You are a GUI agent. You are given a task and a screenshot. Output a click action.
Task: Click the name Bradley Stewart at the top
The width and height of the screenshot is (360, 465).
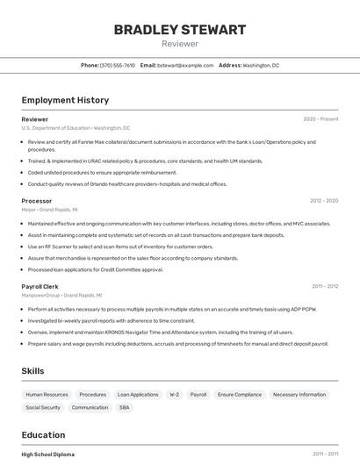[179, 30]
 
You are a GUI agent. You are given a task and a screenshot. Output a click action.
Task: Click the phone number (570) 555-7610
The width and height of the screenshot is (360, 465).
[118, 65]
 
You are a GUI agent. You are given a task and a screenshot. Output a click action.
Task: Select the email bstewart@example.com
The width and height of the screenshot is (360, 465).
[185, 65]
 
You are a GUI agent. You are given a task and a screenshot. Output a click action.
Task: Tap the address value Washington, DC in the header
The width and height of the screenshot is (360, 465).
[261, 65]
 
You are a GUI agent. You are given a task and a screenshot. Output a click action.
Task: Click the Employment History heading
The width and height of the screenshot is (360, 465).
[65, 100]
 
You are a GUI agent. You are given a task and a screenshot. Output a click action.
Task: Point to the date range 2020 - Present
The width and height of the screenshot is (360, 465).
[320, 118]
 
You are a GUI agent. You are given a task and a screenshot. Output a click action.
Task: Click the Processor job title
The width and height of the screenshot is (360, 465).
[37, 201]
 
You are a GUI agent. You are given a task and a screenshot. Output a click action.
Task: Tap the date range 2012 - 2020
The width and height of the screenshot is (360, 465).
[323, 201]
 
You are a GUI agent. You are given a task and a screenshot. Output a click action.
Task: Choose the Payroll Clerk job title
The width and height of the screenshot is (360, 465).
[40, 286]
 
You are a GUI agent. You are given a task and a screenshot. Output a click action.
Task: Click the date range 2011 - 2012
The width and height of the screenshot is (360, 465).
[325, 286]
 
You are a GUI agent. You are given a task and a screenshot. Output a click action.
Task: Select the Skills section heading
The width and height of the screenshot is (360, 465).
[33, 371]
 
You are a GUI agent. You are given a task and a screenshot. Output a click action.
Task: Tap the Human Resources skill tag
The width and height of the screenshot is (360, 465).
[47, 395]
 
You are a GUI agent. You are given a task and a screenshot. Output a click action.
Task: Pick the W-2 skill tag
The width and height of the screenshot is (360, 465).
[174, 395]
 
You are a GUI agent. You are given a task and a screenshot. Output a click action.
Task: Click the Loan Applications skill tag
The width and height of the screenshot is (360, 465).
[138, 395]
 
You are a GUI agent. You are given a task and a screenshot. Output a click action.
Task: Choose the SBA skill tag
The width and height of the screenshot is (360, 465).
[125, 408]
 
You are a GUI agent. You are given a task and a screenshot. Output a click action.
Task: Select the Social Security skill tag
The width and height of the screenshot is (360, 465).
[43, 408]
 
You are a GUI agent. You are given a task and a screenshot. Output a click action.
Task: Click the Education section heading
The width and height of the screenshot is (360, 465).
[43, 434]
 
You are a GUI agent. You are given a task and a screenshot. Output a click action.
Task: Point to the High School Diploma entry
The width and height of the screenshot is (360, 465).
[48, 454]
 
